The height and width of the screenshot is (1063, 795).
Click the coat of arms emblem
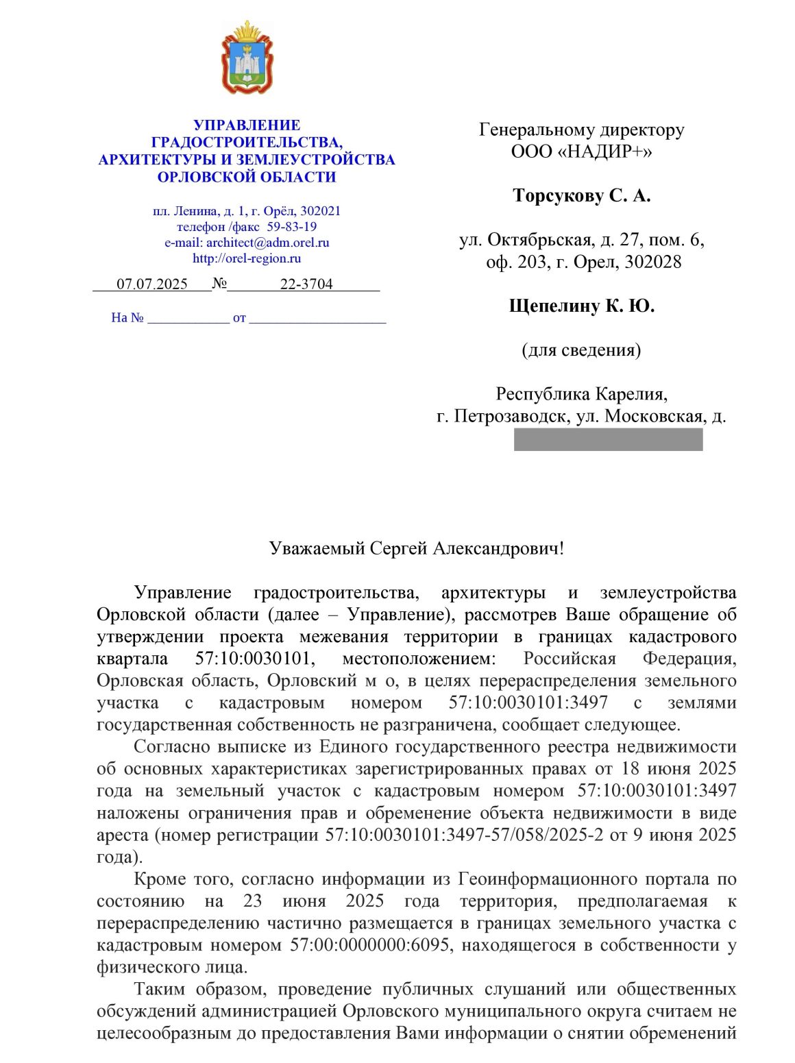click(x=247, y=58)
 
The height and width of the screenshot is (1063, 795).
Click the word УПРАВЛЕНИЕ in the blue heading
click(x=247, y=125)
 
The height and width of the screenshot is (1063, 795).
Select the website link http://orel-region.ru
click(x=247, y=258)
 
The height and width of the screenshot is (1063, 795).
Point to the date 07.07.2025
click(x=152, y=284)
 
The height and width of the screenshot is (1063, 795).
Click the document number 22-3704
click(x=306, y=284)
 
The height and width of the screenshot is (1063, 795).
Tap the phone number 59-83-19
click(x=291, y=227)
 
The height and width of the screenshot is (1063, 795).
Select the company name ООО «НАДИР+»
click(x=581, y=151)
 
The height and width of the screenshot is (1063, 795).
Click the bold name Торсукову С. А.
click(x=581, y=196)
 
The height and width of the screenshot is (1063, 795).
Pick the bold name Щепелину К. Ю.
click(x=581, y=306)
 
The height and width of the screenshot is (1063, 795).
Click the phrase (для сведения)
click(x=581, y=350)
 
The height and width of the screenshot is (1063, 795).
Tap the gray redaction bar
click(x=608, y=439)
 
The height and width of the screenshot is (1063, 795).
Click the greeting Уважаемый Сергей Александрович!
click(x=417, y=548)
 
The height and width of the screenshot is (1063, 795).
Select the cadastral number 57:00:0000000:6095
click(x=370, y=945)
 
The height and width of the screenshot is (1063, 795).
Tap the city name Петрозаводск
click(x=511, y=416)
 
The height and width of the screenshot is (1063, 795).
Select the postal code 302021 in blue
click(x=320, y=211)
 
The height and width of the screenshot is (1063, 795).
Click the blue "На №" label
click(x=127, y=318)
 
